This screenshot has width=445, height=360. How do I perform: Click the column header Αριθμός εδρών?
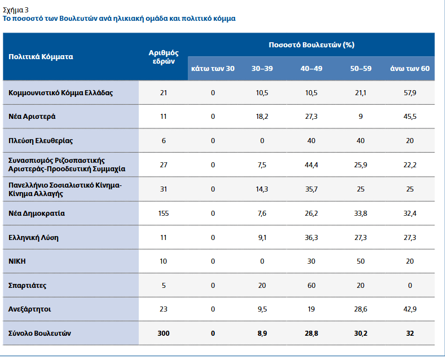[x=164, y=56]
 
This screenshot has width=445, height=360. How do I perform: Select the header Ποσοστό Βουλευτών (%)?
[x=311, y=45]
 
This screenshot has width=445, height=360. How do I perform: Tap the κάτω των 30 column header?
[x=213, y=68]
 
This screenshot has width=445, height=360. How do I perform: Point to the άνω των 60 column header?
[x=410, y=68]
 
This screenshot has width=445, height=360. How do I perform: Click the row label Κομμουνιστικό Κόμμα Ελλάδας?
[x=61, y=92]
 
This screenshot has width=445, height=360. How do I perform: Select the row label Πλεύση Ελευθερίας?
[x=41, y=140]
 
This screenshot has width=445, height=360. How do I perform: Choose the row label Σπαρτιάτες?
[x=28, y=285]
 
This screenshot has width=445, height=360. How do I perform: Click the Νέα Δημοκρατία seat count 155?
[x=164, y=213]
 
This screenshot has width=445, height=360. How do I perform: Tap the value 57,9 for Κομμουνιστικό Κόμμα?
[x=410, y=92]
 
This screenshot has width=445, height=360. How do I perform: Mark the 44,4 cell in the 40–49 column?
[x=311, y=165]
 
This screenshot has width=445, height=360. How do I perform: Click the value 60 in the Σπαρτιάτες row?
[x=311, y=285]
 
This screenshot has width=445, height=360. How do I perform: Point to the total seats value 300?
[x=164, y=334]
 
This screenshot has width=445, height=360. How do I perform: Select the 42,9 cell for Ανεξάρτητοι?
[x=410, y=309]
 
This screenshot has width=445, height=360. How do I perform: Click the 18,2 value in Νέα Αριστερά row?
[x=262, y=117]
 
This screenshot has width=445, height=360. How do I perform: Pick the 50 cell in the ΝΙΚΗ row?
[x=361, y=261]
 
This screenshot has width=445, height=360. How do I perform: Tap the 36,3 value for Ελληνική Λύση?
[x=311, y=237]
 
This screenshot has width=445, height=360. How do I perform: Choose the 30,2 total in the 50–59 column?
[x=361, y=334]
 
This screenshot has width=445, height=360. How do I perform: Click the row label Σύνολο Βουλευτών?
[x=39, y=334]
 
